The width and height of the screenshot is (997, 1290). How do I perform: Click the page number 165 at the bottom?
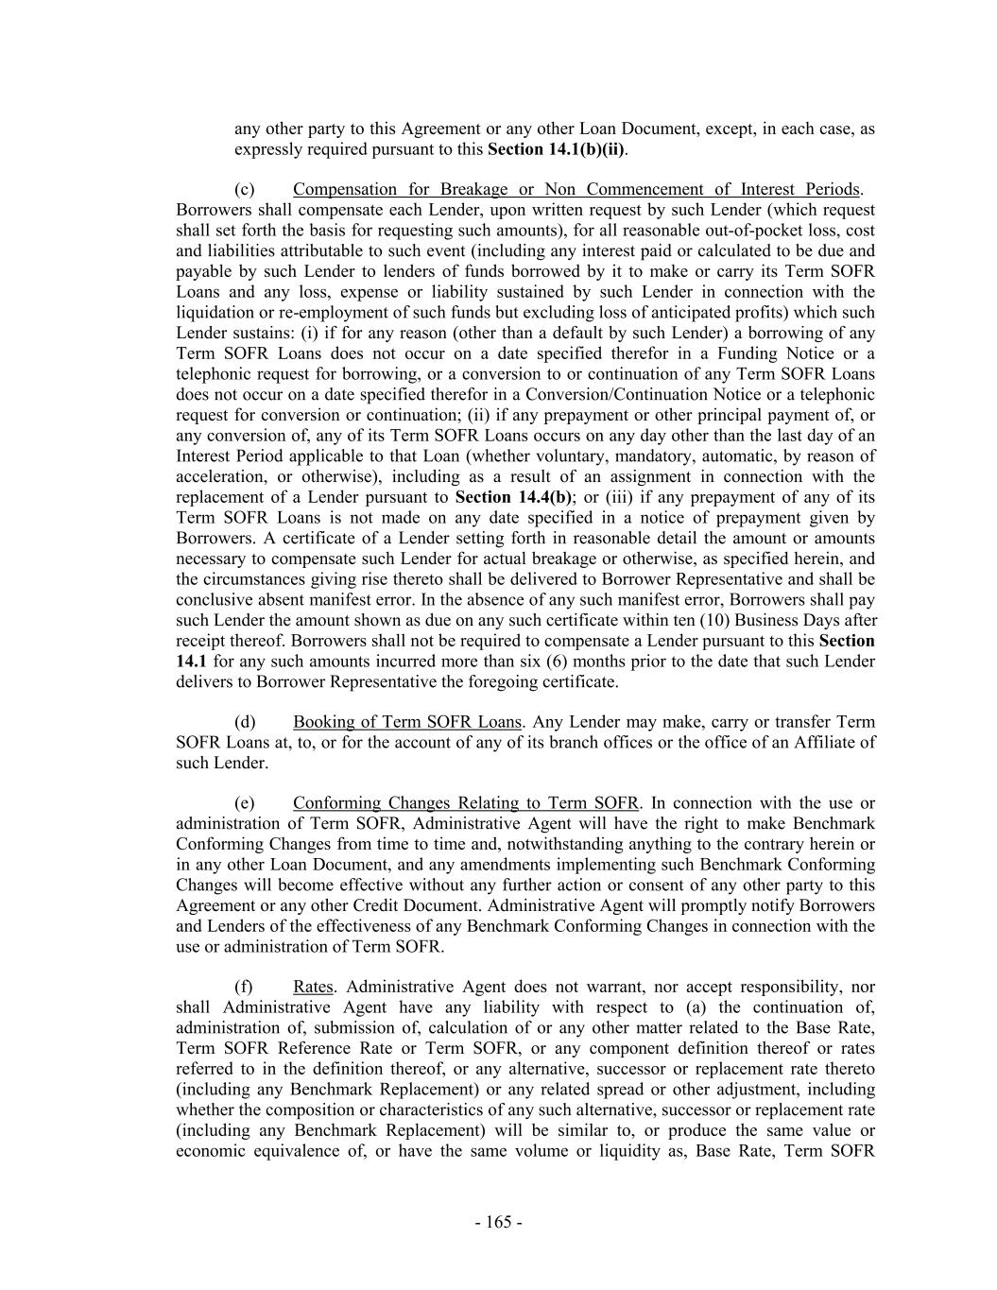click(498, 1222)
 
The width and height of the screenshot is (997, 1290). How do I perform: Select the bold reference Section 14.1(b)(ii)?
click(556, 149)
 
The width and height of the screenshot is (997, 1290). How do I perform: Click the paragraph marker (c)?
click(244, 189)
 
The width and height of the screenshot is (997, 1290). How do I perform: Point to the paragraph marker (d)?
click(244, 722)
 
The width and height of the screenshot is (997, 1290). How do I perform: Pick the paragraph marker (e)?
click(244, 803)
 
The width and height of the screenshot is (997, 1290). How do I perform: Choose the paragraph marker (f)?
click(244, 987)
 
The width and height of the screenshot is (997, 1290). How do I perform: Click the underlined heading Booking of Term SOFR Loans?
click(406, 722)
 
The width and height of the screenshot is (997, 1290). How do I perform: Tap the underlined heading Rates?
click(313, 987)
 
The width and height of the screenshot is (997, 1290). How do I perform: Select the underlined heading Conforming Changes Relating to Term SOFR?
click(466, 803)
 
